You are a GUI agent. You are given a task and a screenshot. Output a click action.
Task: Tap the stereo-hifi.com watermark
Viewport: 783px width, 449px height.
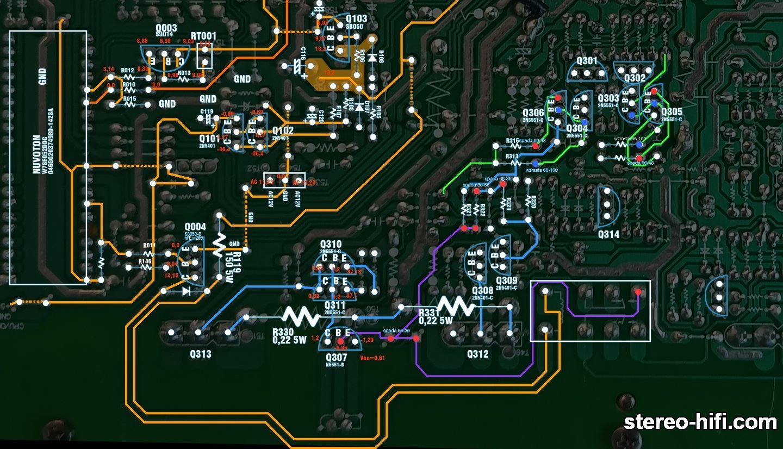(700, 422)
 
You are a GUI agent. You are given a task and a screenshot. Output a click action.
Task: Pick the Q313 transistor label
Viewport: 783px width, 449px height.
(201, 354)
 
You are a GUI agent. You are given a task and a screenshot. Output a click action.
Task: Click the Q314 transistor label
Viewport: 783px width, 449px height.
(608, 234)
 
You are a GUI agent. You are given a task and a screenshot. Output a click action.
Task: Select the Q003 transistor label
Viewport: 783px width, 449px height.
(166, 28)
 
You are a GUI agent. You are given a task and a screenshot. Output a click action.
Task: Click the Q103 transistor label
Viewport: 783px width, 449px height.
(356, 18)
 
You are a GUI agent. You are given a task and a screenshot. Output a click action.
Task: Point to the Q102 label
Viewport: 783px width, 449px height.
(283, 130)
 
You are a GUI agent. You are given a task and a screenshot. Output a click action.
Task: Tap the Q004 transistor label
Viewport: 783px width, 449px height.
(195, 227)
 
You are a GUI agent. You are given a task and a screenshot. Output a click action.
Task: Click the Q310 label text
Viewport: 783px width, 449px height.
(331, 245)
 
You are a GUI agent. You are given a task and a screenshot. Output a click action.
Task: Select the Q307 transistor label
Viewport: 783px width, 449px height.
(336, 357)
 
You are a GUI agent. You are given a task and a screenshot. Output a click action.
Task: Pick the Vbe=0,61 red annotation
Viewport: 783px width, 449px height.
(372, 358)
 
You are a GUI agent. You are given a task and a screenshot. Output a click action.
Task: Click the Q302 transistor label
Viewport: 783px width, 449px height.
(635, 78)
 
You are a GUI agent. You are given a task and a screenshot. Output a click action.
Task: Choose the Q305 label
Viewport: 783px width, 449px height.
(672, 111)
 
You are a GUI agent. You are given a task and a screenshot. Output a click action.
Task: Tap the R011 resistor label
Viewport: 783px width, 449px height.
(149, 246)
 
